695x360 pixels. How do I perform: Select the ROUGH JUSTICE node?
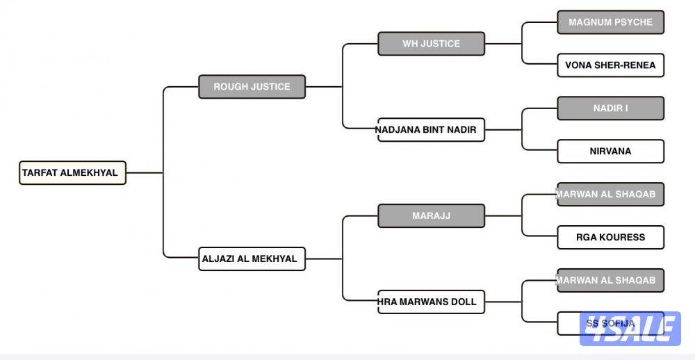pos(252,87)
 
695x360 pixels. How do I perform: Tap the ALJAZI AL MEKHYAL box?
pos(252,259)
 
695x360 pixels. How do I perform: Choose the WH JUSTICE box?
pos(431,44)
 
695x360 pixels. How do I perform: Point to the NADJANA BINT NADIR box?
pos(431,130)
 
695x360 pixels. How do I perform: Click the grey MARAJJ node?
pos(431,216)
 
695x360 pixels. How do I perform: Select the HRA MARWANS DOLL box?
pos(431,302)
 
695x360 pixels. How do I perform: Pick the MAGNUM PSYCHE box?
pos(610,22)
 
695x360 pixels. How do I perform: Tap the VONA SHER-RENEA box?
pos(610,65)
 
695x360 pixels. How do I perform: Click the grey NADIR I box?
pos(610,108)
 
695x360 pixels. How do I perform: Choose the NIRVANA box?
pos(610,152)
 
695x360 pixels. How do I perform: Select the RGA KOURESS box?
pos(610,238)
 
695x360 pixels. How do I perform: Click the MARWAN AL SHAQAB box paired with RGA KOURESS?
pos(610,195)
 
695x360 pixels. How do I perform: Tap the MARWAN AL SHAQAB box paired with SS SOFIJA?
pos(610,281)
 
